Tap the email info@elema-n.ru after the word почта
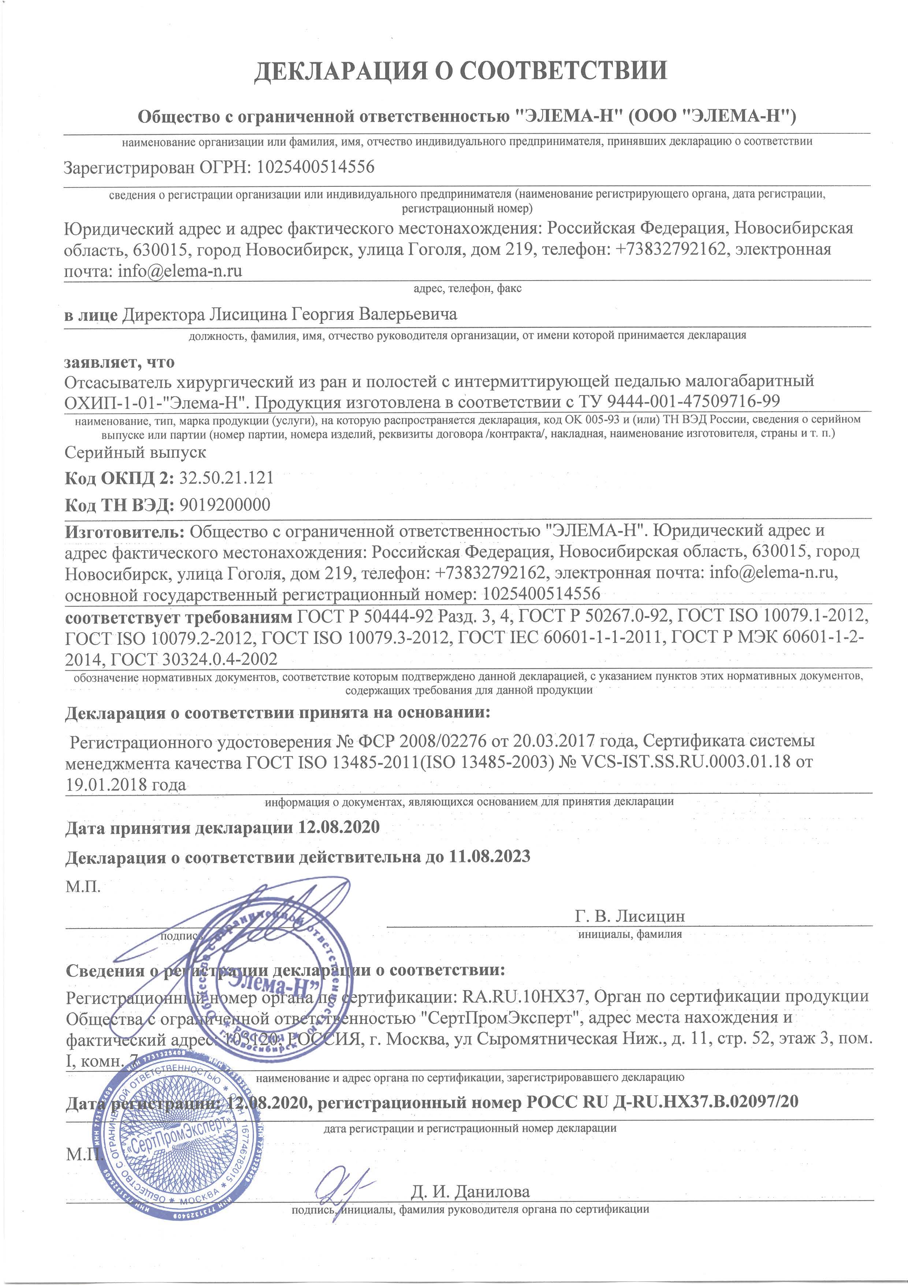(180, 271)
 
